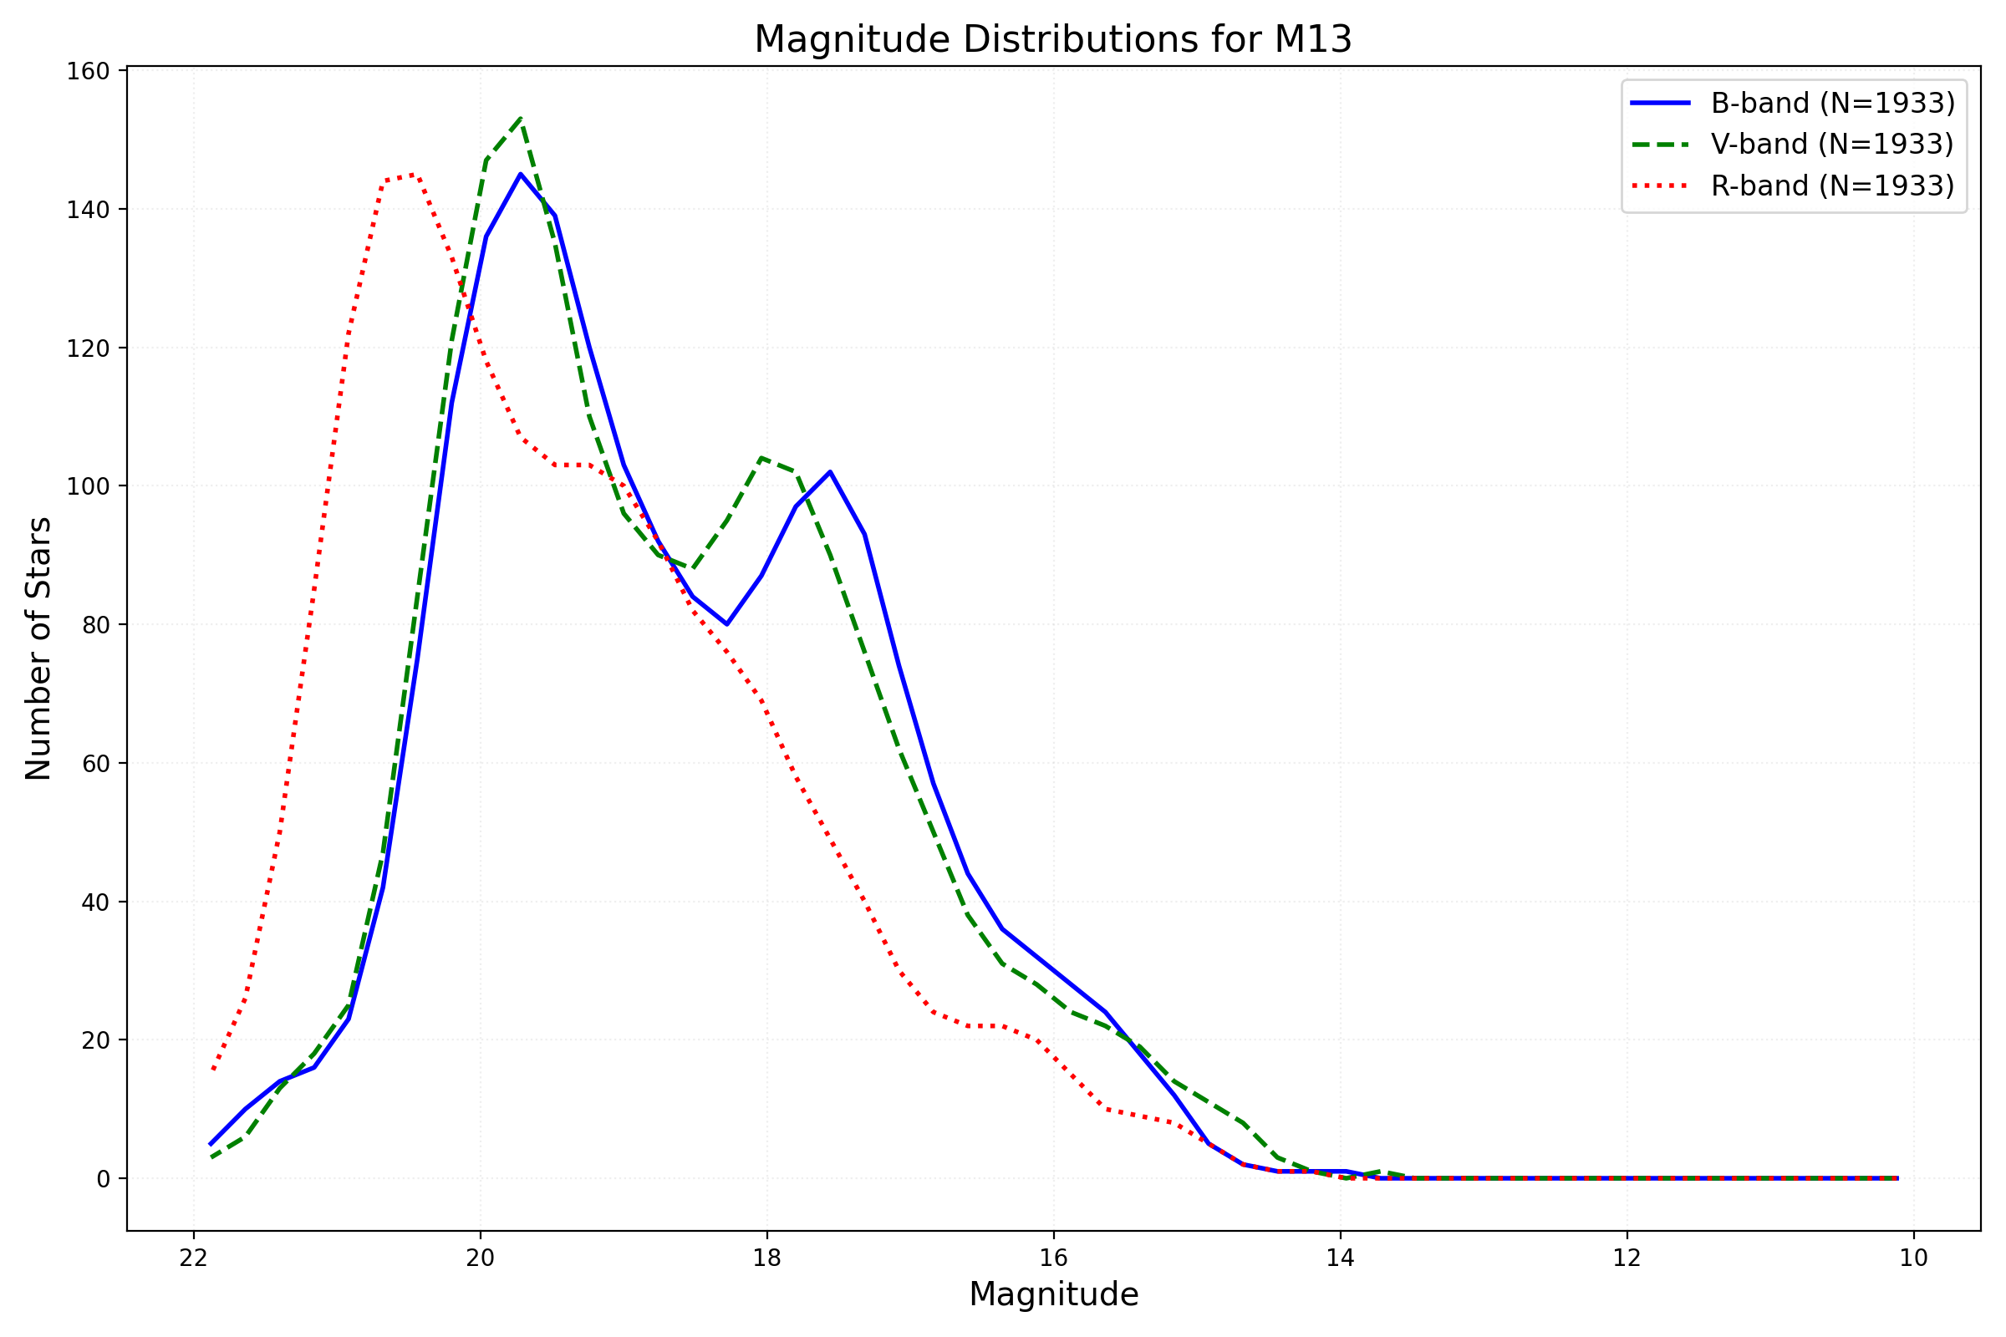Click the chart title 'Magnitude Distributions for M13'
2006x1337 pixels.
point(1052,40)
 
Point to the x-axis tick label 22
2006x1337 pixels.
point(194,1258)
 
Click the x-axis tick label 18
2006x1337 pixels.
point(766,1258)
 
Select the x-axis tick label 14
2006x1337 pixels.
point(1340,1258)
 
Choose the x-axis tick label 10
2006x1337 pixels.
point(1913,1258)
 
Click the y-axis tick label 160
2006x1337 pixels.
point(89,72)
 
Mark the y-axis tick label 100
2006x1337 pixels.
point(89,487)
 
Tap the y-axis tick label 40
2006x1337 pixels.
point(95,902)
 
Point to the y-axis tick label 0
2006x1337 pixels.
point(103,1179)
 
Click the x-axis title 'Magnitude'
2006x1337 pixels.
point(1053,1295)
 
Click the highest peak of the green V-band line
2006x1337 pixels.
point(521,119)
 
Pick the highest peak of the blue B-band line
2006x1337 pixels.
point(520,174)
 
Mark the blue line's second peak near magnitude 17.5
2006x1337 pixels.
point(830,471)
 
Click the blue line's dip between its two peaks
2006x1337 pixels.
point(726,624)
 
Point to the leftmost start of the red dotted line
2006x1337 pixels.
point(212,1070)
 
